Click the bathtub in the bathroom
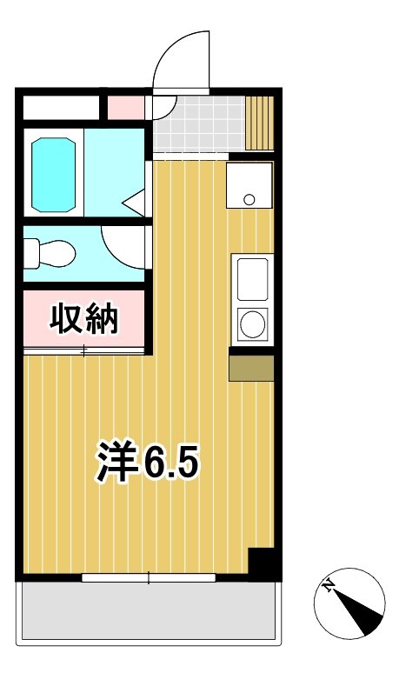click(55, 174)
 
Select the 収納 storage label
click(84, 320)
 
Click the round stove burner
click(252, 325)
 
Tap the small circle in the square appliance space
click(249, 200)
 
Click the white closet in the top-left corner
click(61, 107)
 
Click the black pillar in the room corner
click(263, 563)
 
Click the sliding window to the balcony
click(148, 577)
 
